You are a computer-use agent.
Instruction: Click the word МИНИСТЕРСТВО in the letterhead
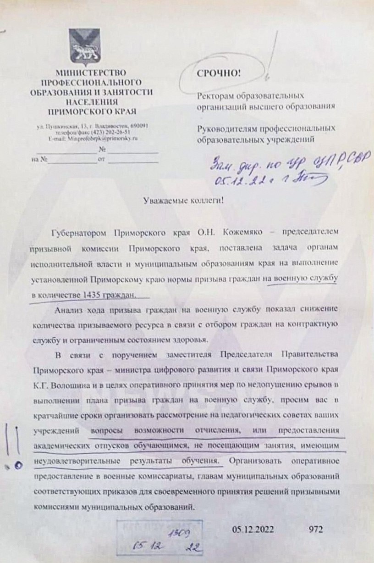tap(90, 73)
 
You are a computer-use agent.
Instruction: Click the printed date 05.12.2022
tap(253, 529)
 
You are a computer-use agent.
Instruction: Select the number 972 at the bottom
tap(316, 529)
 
